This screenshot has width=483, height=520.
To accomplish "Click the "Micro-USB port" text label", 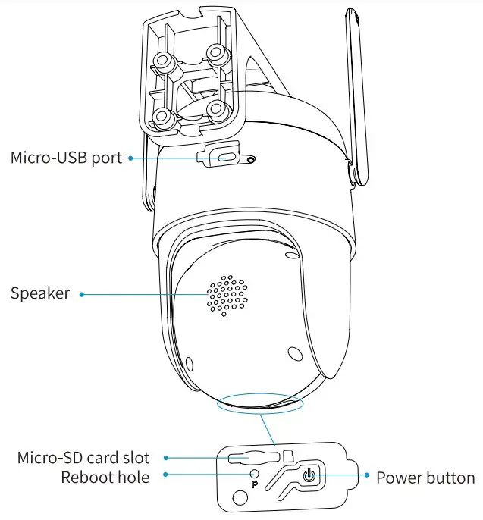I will tap(67, 158).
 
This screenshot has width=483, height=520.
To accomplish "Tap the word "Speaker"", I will tap(39, 293).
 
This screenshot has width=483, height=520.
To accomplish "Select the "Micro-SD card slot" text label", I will tap(83, 457).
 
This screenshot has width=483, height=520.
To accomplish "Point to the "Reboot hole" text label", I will tap(105, 477).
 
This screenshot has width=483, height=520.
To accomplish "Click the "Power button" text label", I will tap(425, 478).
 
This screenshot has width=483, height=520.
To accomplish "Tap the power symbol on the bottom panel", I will tap(309, 477).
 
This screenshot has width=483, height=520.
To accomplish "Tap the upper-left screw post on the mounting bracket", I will tap(162, 60).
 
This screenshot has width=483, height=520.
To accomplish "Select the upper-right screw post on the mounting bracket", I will tap(218, 53).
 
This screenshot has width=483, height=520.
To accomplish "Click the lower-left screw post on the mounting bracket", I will tap(162, 116).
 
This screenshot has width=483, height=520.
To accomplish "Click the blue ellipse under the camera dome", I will tap(259, 403).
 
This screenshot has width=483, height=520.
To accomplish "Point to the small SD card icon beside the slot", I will tap(287, 456).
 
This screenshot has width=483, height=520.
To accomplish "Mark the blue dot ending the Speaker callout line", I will tap(82, 294).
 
